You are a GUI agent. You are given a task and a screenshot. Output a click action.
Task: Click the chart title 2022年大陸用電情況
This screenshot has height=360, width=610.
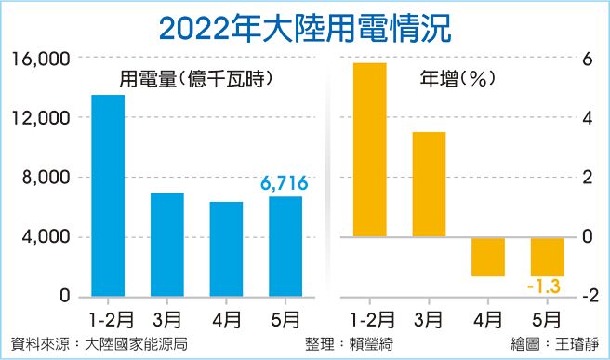(305, 26)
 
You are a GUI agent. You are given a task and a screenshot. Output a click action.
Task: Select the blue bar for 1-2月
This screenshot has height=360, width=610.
(108, 195)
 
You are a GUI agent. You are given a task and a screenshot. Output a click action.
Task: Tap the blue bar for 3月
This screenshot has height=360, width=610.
(167, 245)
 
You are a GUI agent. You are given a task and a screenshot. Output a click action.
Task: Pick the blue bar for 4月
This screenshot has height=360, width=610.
(226, 249)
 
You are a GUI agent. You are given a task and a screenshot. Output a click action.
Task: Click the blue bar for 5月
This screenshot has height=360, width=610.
(285, 247)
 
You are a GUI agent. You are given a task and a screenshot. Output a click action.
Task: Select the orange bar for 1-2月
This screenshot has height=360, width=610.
(369, 149)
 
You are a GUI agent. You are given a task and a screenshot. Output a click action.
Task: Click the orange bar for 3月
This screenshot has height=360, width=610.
(429, 184)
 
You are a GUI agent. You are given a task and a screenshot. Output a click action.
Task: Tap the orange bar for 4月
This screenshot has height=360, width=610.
(487, 257)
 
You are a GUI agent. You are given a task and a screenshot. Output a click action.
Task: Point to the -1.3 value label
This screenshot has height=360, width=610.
(547, 286)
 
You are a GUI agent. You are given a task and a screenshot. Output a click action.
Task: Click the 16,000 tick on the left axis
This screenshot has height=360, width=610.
(41, 59)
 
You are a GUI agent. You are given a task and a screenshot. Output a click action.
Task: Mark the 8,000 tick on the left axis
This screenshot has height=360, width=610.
(46, 178)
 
